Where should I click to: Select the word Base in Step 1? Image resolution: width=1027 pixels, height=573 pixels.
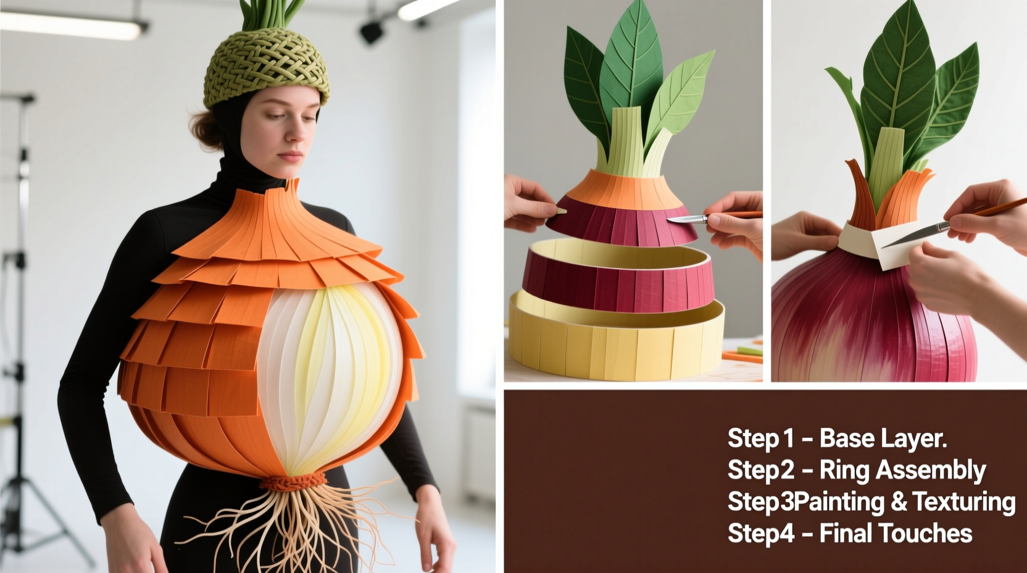[846, 438]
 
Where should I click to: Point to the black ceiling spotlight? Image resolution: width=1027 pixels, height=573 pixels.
[371, 31]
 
